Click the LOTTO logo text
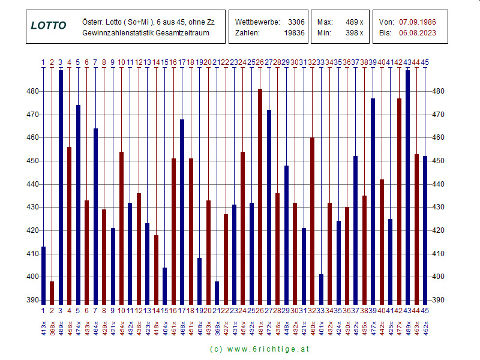click(49, 26)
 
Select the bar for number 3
click(61, 187)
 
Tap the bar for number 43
click(408, 187)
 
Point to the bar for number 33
click(321, 289)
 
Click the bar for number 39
click(373, 201)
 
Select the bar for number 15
click(164, 285)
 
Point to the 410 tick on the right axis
click(439, 254)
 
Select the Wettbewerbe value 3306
click(296, 22)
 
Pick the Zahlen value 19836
click(294, 32)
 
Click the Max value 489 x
click(355, 22)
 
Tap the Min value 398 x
click(355, 32)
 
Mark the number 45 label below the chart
click(425, 310)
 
